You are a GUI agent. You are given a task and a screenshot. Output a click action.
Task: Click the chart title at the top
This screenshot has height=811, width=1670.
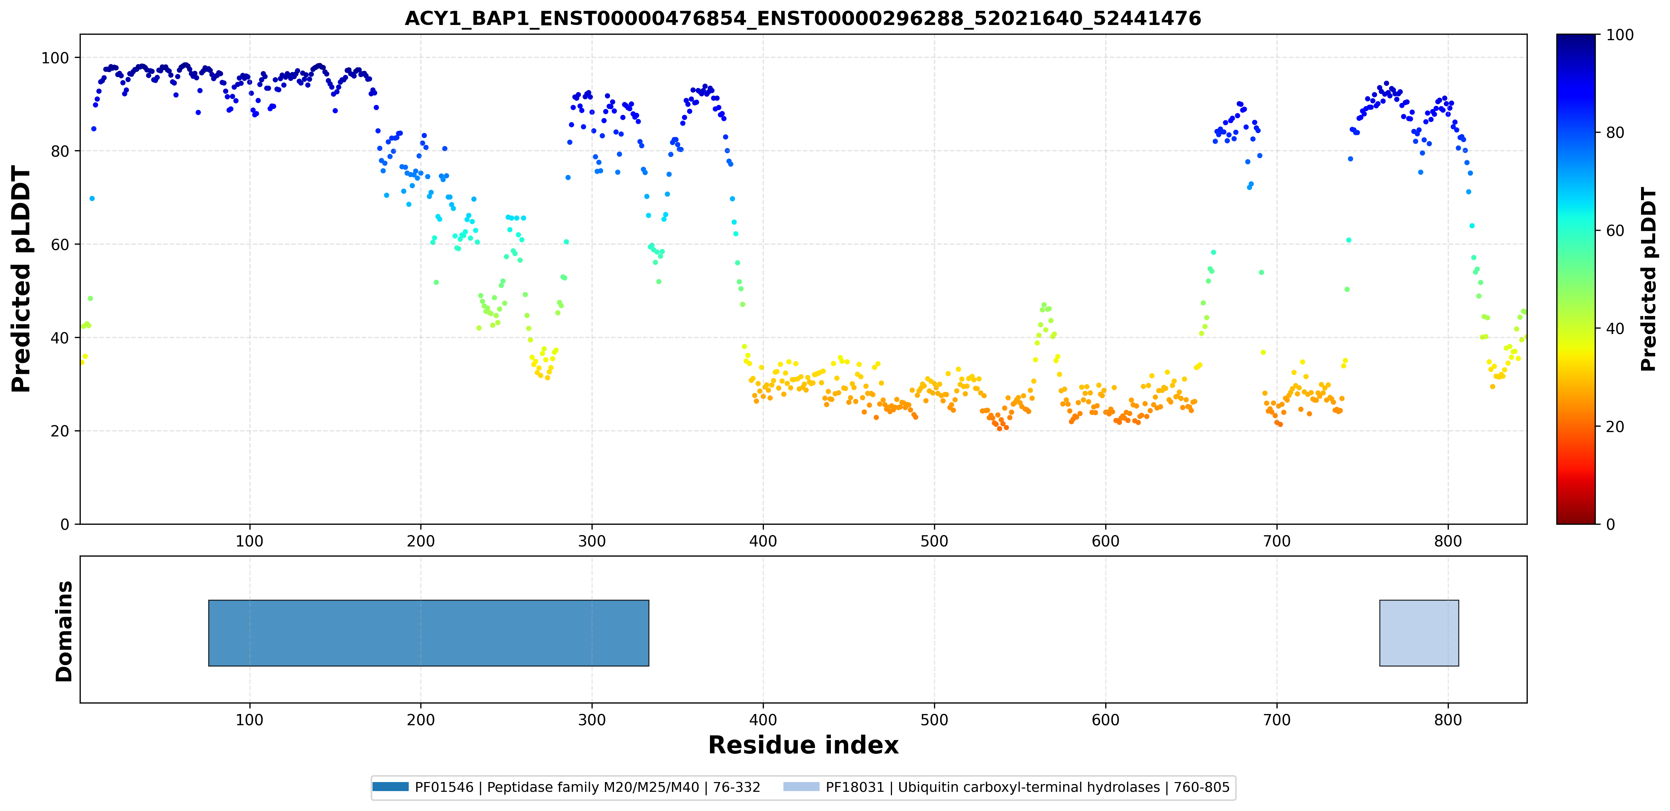[803, 18]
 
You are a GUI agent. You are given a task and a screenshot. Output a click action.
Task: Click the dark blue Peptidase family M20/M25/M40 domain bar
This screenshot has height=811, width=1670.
[429, 633]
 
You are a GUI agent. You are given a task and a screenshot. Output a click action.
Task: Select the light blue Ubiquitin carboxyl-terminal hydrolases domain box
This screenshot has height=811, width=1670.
[1419, 633]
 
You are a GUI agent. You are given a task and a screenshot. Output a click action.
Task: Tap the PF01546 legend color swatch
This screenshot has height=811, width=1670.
[390, 786]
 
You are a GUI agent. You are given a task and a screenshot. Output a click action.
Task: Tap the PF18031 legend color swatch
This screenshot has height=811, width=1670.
[801, 786]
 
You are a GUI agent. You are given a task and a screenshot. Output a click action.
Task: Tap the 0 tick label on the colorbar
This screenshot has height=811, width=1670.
[1610, 524]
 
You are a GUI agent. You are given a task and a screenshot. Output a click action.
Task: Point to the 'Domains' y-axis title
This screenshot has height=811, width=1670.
[64, 631]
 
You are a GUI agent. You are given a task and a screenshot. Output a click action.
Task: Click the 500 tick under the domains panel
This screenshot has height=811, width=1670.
[934, 720]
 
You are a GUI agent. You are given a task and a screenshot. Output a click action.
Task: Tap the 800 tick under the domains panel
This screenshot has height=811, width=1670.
[1448, 720]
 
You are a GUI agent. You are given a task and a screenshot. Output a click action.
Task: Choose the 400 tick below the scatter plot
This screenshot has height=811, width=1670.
[763, 541]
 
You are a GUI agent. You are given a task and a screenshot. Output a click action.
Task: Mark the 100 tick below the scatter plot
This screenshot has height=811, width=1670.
[249, 541]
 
